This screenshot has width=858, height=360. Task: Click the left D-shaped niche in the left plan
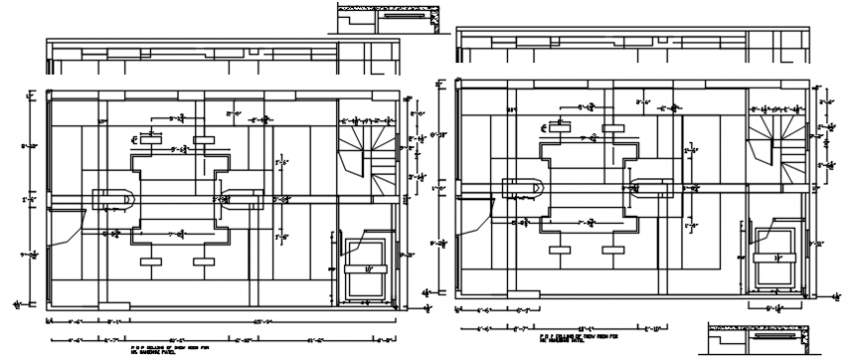click(x=114, y=198)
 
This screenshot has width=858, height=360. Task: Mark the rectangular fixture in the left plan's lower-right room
click(x=367, y=264)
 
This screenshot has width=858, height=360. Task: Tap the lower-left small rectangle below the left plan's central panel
click(x=153, y=261)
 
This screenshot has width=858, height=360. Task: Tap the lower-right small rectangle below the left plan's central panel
click(x=205, y=261)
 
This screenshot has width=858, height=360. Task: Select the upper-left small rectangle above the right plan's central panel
click(x=559, y=127)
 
